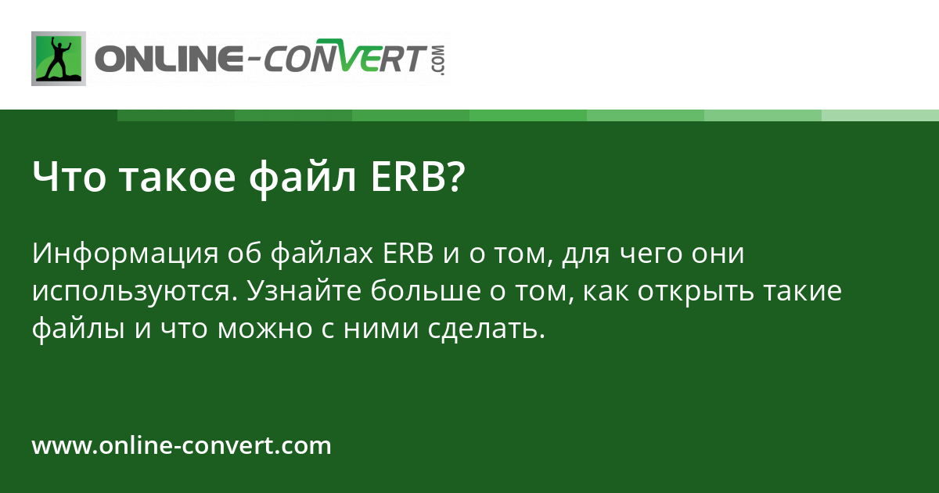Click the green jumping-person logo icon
point(58,58)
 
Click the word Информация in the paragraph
point(125,254)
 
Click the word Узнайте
point(303,292)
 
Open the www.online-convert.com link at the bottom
point(182,446)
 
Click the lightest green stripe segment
point(880,115)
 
